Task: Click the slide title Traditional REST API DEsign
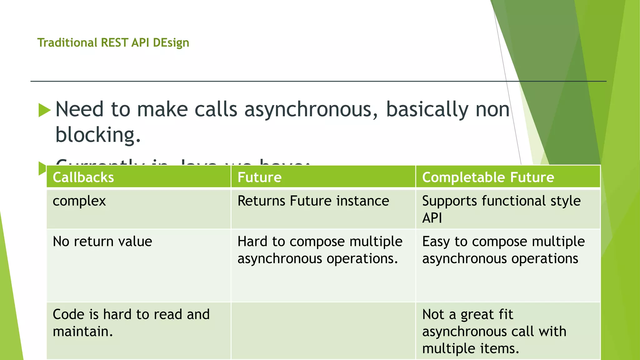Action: point(113,42)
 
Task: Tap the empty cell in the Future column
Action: point(323,331)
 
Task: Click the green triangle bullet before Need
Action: point(44,110)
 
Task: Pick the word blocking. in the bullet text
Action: point(98,135)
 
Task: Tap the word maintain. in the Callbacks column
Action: point(82,332)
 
